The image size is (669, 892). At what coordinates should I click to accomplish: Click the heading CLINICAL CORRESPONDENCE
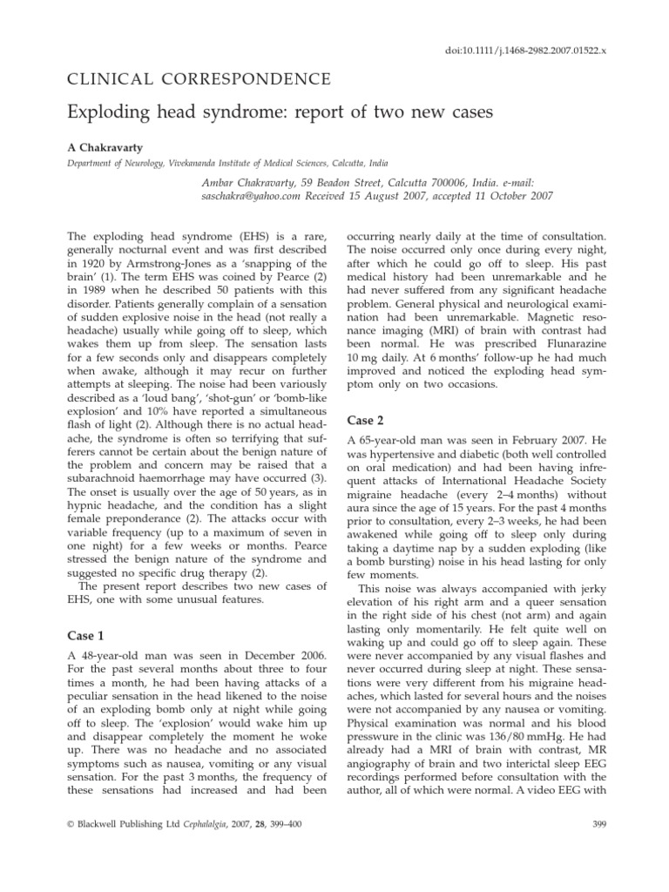tap(199, 80)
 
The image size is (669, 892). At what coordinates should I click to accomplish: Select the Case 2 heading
tap(369, 419)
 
